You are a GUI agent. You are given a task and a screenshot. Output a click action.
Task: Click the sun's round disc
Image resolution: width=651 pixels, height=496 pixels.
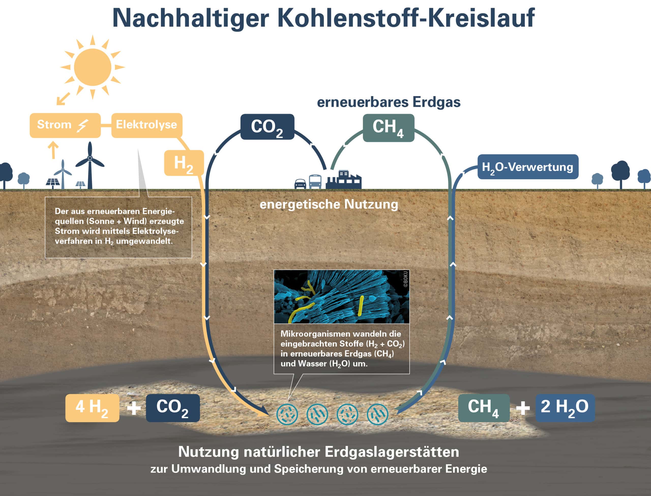click(x=92, y=67)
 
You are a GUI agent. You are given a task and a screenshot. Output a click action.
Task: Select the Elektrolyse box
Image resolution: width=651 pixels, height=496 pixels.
click(x=147, y=125)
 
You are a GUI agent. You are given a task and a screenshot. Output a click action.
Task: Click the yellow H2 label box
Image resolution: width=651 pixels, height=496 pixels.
click(x=184, y=163)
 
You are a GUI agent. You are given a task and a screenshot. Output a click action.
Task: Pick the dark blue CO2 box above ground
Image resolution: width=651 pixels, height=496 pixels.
click(x=267, y=127)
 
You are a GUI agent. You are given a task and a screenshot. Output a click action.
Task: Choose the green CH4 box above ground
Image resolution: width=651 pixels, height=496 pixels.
click(x=389, y=128)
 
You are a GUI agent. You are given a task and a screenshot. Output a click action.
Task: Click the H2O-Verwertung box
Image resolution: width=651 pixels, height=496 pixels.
click(x=528, y=167)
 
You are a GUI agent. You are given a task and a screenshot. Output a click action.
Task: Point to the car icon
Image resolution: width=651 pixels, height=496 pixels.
click(x=301, y=184)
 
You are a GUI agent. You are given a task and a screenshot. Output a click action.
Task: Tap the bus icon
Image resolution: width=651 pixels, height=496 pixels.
click(x=315, y=182)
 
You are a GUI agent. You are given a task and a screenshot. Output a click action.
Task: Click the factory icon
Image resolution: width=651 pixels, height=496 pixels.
click(x=343, y=180)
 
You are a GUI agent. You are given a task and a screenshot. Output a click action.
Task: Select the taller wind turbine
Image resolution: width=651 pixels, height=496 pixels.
click(x=90, y=165)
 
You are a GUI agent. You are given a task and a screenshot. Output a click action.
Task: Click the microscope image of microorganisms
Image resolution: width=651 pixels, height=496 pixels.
click(x=342, y=296)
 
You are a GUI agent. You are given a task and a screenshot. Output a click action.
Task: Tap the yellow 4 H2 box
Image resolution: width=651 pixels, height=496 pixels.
click(x=92, y=408)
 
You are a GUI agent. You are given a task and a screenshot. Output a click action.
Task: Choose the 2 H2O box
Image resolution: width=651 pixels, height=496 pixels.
click(x=565, y=408)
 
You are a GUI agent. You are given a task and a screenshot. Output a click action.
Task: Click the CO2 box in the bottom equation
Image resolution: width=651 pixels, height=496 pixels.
click(x=173, y=408)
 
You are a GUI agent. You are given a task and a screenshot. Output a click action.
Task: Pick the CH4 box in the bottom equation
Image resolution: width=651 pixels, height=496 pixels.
click(x=484, y=408)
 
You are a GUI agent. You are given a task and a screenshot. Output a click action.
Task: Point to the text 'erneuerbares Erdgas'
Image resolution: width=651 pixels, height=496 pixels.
click(x=389, y=102)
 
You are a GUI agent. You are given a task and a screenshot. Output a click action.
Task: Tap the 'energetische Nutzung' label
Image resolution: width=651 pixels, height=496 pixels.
click(x=329, y=204)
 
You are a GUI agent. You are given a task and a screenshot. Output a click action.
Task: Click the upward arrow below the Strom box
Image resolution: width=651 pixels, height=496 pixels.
click(x=53, y=150)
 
